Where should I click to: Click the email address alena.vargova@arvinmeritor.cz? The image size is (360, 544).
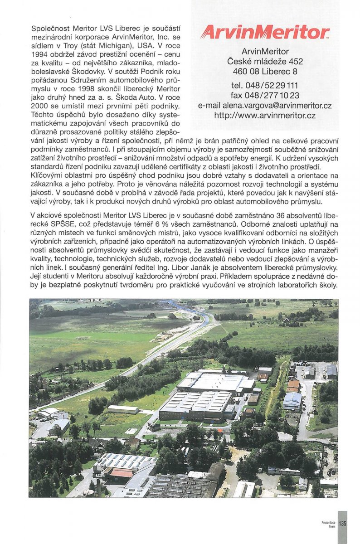pos(265,106)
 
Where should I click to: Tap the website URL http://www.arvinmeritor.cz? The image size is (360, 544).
pos(265,116)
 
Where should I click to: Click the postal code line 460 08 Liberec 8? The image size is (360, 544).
pos(265,71)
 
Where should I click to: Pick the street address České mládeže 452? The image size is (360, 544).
pos(265,61)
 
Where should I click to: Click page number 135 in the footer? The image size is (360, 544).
pos(342,523)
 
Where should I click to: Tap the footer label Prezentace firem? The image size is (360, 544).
pos(328,524)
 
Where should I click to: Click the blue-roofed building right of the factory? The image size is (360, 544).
pos(292,400)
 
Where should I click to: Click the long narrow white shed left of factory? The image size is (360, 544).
pos(123,409)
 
